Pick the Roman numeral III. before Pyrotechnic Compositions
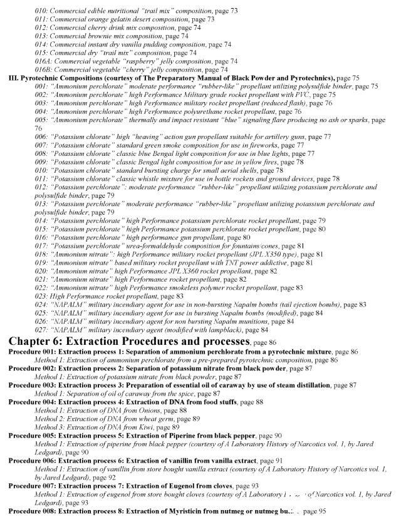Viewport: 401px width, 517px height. [13, 78]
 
